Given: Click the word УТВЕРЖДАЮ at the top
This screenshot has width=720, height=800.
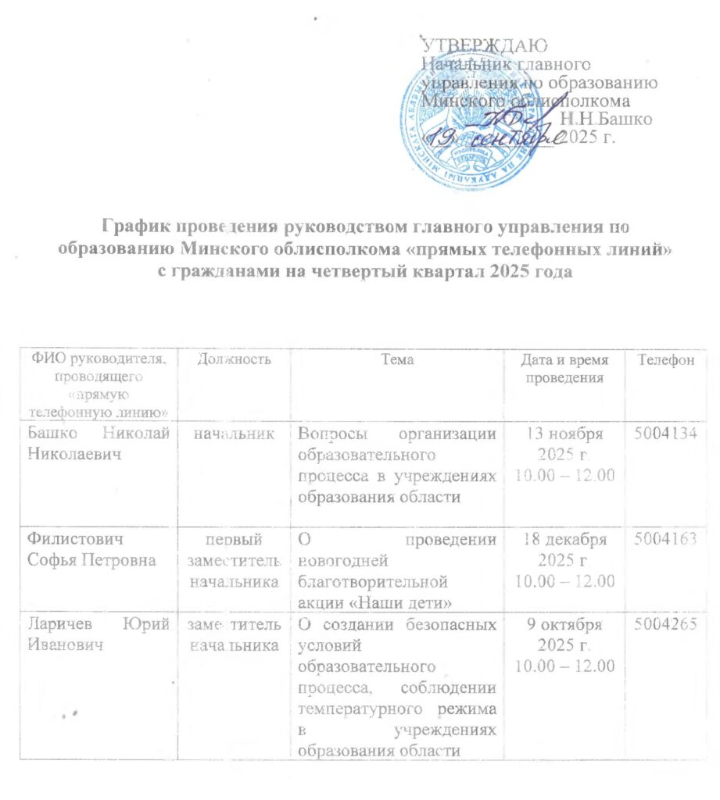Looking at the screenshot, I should click(x=484, y=45).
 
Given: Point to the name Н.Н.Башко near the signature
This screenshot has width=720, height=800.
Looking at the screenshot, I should click(x=607, y=119).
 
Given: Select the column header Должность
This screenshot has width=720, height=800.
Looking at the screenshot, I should click(x=224, y=359).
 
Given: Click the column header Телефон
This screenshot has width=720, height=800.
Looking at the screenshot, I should click(x=665, y=359).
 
